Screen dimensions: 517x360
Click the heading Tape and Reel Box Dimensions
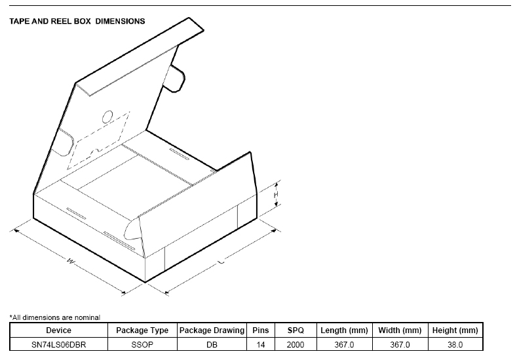point(77,22)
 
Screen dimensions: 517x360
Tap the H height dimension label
point(276,195)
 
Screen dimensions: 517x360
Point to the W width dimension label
point(71,262)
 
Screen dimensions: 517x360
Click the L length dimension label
point(221,262)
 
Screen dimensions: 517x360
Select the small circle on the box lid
point(107,117)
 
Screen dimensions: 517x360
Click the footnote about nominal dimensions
point(55,317)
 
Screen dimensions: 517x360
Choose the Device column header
point(59,330)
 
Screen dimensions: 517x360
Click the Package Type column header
point(142,330)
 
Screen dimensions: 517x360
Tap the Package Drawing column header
point(212,330)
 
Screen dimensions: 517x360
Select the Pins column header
point(261,330)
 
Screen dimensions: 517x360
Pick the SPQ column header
point(296,330)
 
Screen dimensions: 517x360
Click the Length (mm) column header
point(344,330)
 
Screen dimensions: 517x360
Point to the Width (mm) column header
point(400,330)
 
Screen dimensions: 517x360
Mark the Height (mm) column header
point(455,330)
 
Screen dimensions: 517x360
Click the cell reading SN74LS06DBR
point(59,345)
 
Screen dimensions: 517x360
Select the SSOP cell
point(142,345)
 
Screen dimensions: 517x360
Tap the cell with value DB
point(212,345)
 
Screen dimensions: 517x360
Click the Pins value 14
point(261,345)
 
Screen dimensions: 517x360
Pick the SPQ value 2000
point(296,345)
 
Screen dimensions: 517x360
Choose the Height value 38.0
point(455,345)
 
